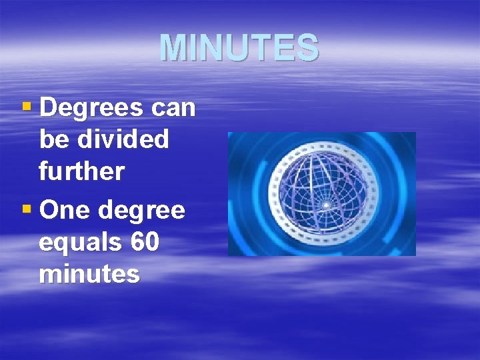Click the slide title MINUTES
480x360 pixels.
pyautogui.click(x=239, y=48)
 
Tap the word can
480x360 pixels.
pyautogui.click(x=171, y=109)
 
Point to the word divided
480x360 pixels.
pyautogui.click(x=124, y=139)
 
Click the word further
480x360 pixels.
pyautogui.click(x=81, y=171)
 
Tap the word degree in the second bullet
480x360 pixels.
pyautogui.click(x=141, y=211)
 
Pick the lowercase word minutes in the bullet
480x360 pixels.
pyautogui.click(x=89, y=273)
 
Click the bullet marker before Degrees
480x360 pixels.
pyautogui.click(x=27, y=107)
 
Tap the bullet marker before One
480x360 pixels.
pyautogui.click(x=27, y=209)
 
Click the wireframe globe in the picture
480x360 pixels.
pyautogui.click(x=321, y=193)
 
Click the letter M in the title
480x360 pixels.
pyautogui.click(x=171, y=48)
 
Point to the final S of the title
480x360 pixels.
pyautogui.click(x=309, y=48)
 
